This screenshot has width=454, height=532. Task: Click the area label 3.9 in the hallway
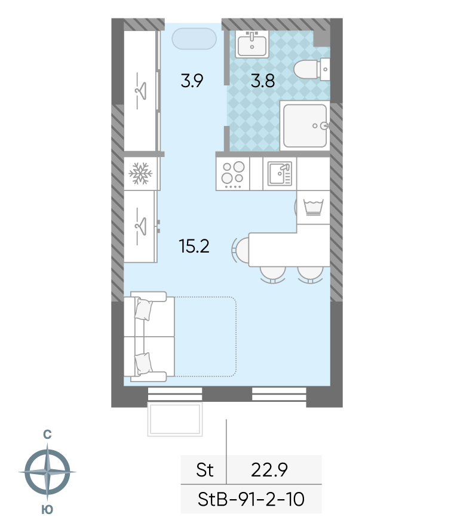192,81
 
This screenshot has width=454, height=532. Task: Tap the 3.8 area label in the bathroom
262,81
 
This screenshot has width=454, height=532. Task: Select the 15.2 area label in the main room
194,246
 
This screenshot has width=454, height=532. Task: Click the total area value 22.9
269,470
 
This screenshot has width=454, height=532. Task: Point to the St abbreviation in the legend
205,470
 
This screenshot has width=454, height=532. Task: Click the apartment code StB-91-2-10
251,499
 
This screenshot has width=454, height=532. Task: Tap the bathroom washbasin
252,44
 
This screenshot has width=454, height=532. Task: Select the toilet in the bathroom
311,69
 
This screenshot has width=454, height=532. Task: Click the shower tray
305,125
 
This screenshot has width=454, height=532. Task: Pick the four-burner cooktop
233,173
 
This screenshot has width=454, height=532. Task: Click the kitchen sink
280,173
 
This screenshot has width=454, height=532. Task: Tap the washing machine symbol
313,207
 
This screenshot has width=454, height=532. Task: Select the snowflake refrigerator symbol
140,173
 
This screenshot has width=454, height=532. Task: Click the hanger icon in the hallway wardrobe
140,91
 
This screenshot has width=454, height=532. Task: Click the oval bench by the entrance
194,39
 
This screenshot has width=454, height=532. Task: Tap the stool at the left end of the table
240,250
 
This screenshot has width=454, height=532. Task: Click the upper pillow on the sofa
143,309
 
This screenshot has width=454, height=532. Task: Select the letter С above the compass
48,434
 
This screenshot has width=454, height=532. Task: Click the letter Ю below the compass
47,509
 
